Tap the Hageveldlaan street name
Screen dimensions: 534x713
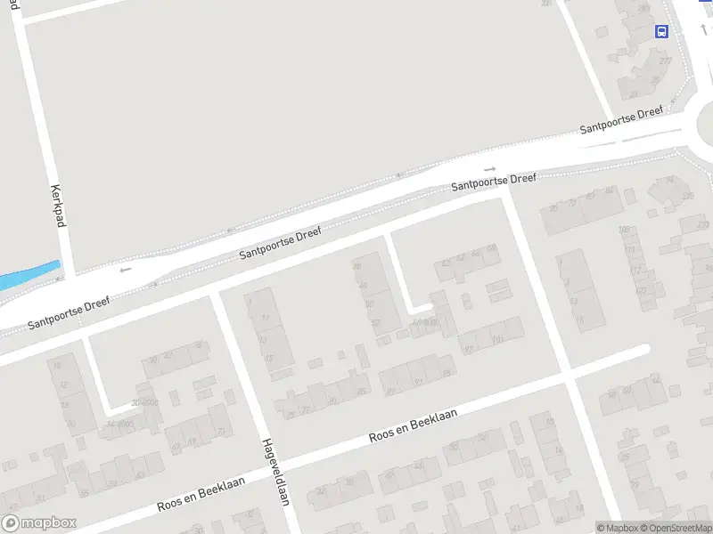(275, 472)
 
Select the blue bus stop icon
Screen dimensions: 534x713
(662, 32)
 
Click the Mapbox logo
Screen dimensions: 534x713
(39, 523)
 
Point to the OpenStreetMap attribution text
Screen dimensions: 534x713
(676, 528)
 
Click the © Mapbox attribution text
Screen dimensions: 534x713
(617, 528)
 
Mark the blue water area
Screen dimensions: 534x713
(27, 277)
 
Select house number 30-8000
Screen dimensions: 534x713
(145, 402)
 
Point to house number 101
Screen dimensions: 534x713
(496, 339)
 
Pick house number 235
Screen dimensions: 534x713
(686, 196)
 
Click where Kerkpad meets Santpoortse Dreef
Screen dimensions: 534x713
(70, 278)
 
